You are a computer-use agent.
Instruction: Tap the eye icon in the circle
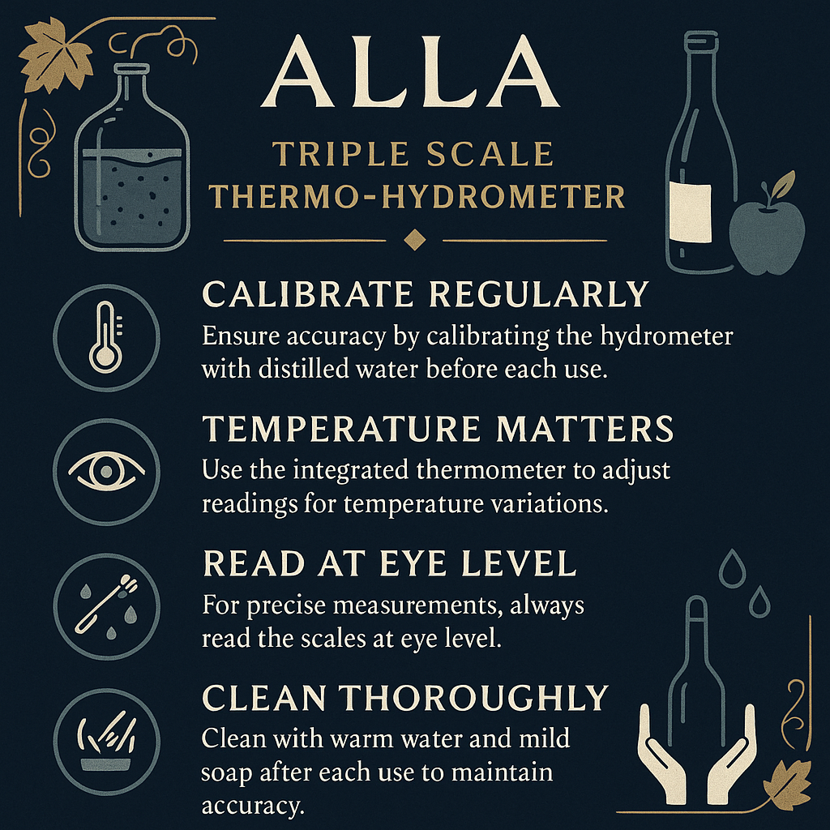pos(106,471)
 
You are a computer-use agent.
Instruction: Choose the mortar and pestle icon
pos(105,741)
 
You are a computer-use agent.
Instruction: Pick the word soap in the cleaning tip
pos(232,772)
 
